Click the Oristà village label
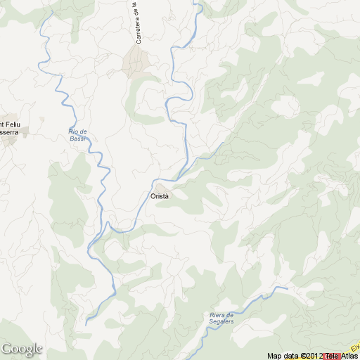[160, 196]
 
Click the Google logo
[22, 349]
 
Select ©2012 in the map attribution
[311, 356]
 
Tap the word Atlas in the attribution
[349, 356]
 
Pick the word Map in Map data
[274, 356]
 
